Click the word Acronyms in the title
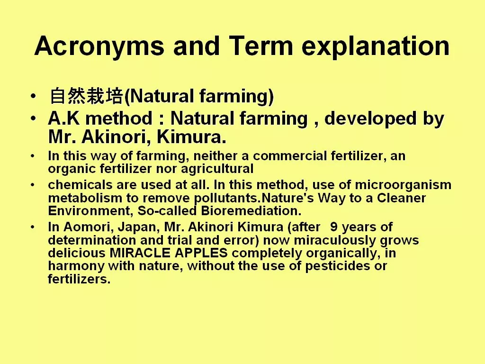(99, 46)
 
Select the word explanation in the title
(376, 47)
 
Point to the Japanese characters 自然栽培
(87, 96)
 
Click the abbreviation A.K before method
(64, 118)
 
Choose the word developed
(370, 119)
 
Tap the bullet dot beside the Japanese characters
(34, 96)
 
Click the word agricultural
(217, 169)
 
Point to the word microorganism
(403, 185)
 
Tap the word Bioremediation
(251, 211)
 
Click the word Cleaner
(401, 198)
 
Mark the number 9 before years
(334, 227)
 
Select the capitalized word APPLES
(201, 253)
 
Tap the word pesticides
(337, 266)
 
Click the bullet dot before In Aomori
(33, 227)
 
